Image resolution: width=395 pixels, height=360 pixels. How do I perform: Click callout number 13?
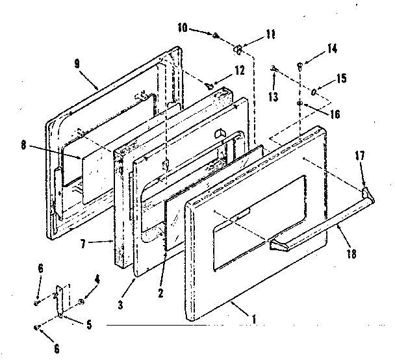[x=273, y=97]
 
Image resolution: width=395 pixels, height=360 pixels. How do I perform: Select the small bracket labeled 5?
[x=62, y=303]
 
